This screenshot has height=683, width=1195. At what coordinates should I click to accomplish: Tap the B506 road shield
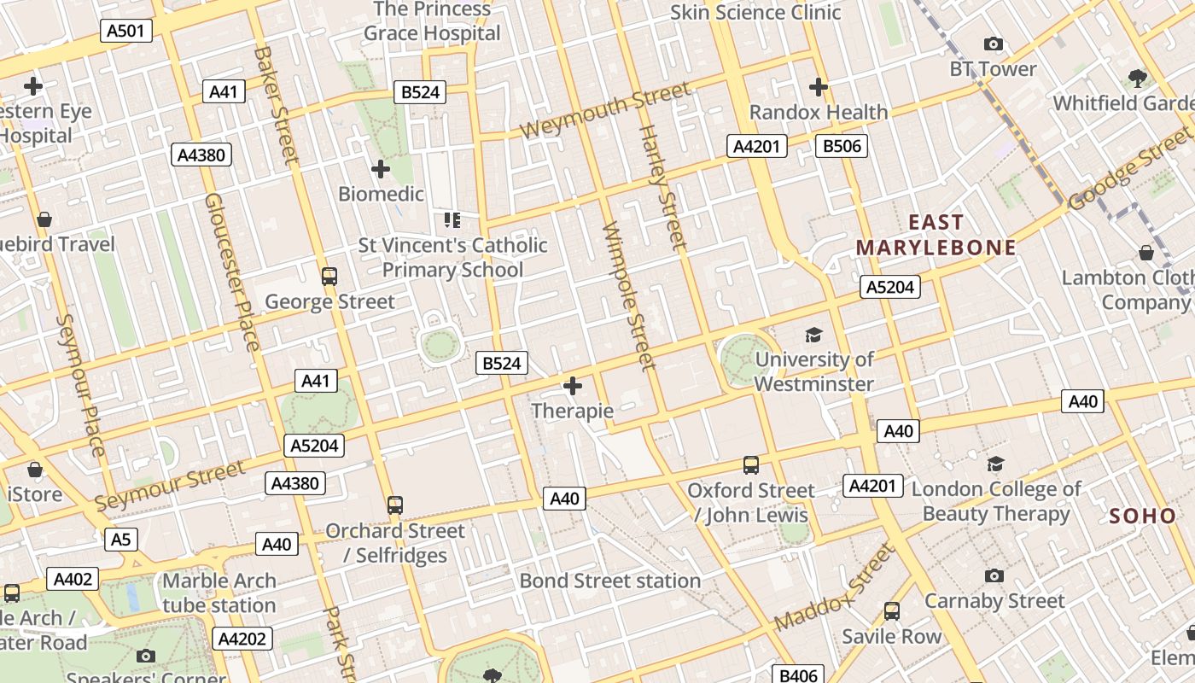pyautogui.click(x=841, y=146)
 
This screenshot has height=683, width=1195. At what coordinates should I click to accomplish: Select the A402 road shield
pyautogui.click(x=73, y=579)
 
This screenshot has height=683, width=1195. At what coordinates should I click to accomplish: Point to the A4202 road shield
pyautogui.click(x=243, y=639)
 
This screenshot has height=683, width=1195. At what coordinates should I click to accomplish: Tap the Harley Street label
pyautogui.click(x=662, y=188)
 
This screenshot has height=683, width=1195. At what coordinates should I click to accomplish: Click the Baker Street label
pyautogui.click(x=276, y=104)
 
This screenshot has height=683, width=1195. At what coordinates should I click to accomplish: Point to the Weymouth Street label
pyautogui.click(x=605, y=110)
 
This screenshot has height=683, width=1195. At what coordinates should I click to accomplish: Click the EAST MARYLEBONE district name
pyautogui.click(x=936, y=235)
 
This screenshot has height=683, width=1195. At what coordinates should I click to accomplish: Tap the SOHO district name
pyautogui.click(x=1143, y=516)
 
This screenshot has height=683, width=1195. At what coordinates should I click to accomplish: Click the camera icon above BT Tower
pyautogui.click(x=993, y=44)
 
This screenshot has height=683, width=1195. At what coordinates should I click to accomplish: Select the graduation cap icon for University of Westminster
pyautogui.click(x=813, y=335)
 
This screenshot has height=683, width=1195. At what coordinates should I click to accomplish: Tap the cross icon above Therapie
pyautogui.click(x=572, y=387)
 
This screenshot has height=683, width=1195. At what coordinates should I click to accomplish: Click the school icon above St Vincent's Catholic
pyautogui.click(x=452, y=221)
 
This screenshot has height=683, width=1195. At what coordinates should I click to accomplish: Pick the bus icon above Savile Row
pyautogui.click(x=892, y=611)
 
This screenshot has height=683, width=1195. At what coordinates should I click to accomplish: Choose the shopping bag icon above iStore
pyautogui.click(x=35, y=470)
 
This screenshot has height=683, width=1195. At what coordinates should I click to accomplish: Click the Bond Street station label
pyautogui.click(x=610, y=581)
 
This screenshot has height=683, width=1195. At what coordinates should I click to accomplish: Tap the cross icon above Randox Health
pyautogui.click(x=818, y=87)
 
